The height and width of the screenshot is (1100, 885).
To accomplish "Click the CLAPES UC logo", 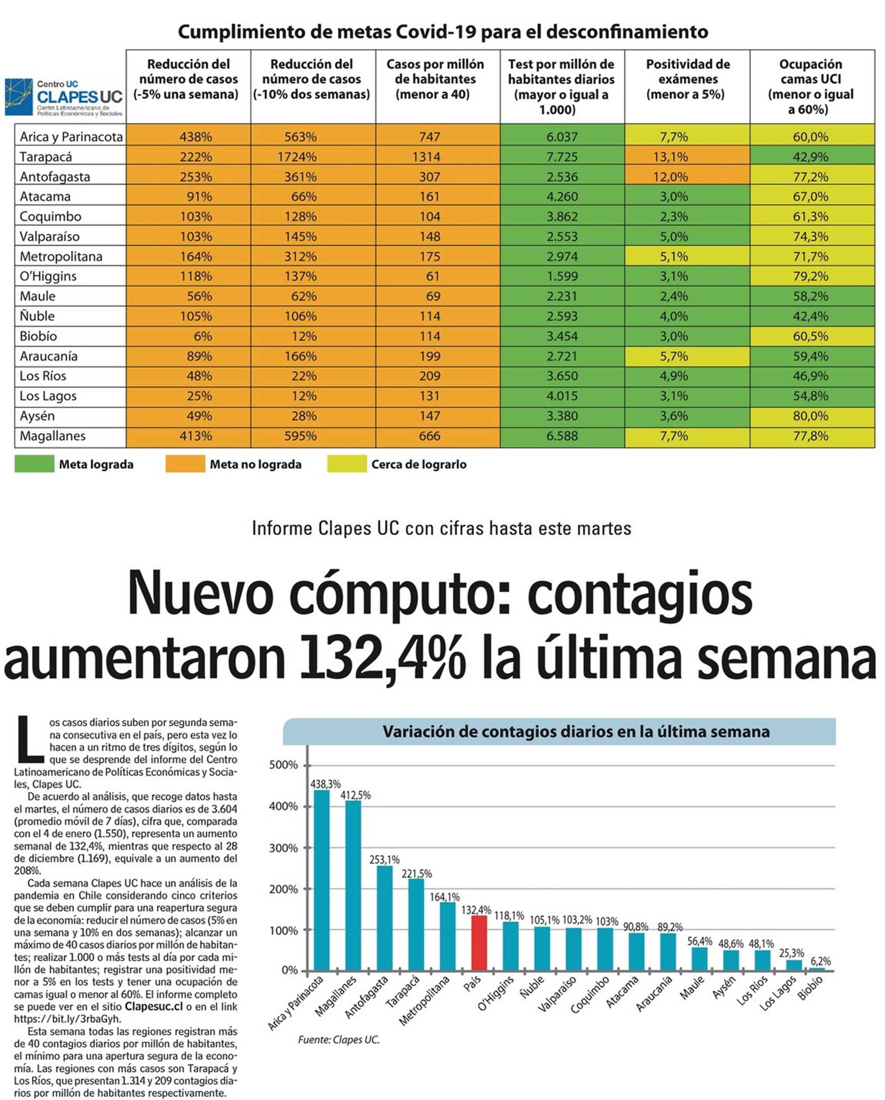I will coord(64,97).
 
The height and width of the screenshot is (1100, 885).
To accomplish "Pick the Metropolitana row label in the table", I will coord(61,256).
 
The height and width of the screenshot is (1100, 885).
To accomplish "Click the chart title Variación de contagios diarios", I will coord(575,732).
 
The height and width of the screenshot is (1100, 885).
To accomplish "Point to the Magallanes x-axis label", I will coord(337,997).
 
